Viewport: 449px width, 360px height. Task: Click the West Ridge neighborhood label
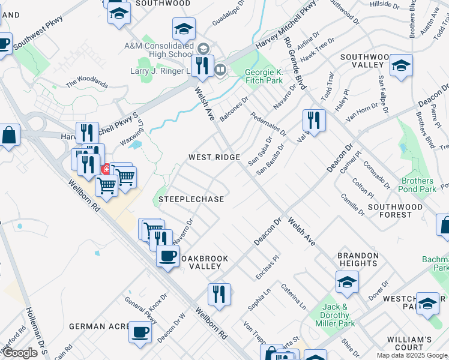(214, 157)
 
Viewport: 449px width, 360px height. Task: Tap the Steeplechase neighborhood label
(191, 199)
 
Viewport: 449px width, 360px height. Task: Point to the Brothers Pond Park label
(418, 185)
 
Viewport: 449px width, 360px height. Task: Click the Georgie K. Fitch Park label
(264, 76)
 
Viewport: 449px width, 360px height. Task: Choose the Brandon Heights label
(358, 259)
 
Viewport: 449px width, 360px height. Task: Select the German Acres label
(100, 326)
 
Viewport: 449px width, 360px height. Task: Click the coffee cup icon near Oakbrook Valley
(167, 256)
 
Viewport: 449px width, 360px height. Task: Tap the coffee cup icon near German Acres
(140, 332)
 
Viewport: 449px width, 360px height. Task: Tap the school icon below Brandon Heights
(347, 282)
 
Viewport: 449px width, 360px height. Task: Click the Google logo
(20, 353)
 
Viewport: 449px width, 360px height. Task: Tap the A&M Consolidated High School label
(158, 50)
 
